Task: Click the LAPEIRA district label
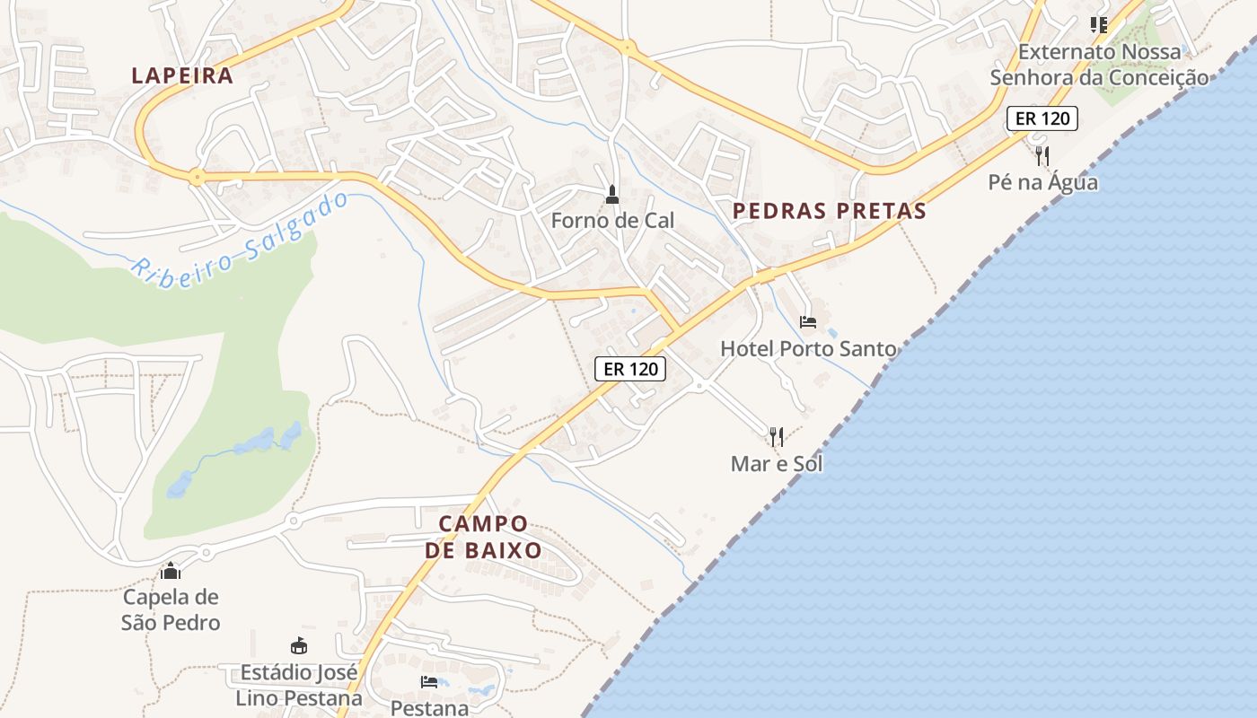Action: pos(182,75)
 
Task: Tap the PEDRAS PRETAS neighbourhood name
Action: pos(829,211)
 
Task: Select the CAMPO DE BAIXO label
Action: pos(483,537)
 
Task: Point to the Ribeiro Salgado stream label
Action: pos(241,233)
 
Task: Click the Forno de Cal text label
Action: pos(612,220)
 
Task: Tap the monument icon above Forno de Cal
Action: pos(612,194)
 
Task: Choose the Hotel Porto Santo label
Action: pos(808,348)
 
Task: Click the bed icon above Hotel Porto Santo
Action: pos(808,322)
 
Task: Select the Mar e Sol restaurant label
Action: pos(777,463)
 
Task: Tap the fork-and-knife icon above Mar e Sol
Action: pos(777,437)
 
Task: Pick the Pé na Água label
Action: pos(1042,182)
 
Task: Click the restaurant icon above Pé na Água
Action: pos(1042,156)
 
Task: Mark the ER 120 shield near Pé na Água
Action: pos(1042,118)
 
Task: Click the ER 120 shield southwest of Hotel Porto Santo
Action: pos(629,368)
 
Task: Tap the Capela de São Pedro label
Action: pos(171,609)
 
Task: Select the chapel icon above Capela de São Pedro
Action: pos(171,571)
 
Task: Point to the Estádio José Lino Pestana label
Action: pos(299,685)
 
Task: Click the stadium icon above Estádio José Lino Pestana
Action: pos(299,645)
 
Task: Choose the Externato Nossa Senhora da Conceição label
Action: pos(1099,65)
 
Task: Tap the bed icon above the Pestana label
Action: pos(429,682)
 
